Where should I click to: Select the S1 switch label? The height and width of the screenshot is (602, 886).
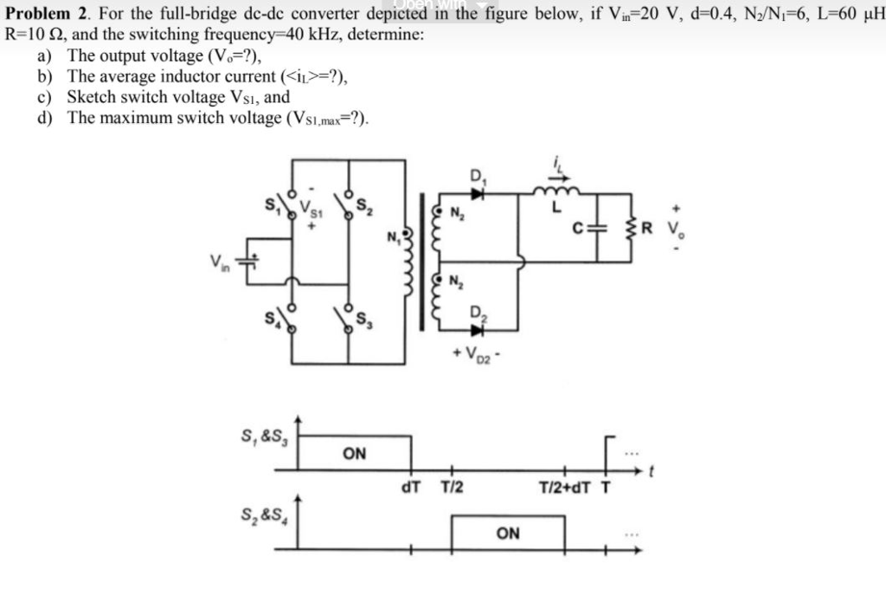point(272,206)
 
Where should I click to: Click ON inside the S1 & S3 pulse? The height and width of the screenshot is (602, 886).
point(355,453)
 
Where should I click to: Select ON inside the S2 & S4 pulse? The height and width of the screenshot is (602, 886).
point(508,533)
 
